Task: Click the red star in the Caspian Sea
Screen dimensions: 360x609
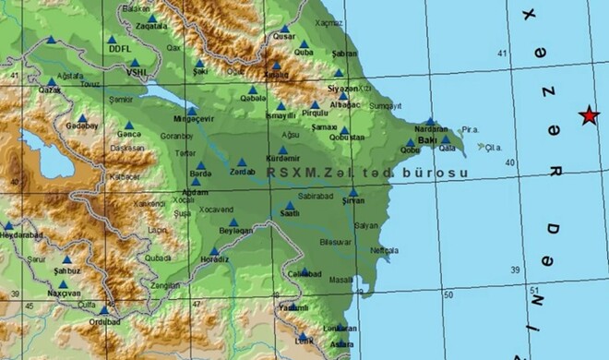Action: point(587,115)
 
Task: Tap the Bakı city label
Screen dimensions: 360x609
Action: point(426,139)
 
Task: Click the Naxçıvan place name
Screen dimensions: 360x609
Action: point(65,293)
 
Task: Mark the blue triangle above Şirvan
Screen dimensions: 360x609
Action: point(353,192)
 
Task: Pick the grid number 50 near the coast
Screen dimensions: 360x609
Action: point(448,294)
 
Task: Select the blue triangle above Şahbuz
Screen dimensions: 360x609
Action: point(66,260)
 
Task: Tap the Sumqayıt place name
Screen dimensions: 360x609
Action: point(380,106)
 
